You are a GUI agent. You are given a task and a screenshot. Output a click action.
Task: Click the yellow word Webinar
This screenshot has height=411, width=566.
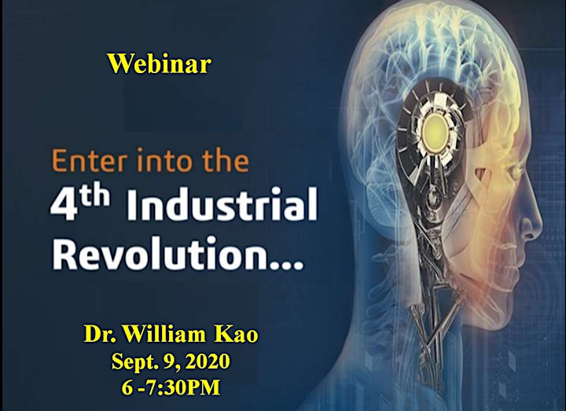pos(159,64)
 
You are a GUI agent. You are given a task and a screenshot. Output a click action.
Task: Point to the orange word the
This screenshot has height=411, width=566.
pos(226,160)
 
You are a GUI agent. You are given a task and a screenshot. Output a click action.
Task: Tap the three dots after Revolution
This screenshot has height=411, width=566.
pos(284,265)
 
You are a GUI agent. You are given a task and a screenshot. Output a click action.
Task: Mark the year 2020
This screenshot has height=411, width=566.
pos(208,361)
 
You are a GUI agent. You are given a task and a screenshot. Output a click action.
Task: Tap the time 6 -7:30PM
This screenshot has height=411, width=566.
pos(171,387)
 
